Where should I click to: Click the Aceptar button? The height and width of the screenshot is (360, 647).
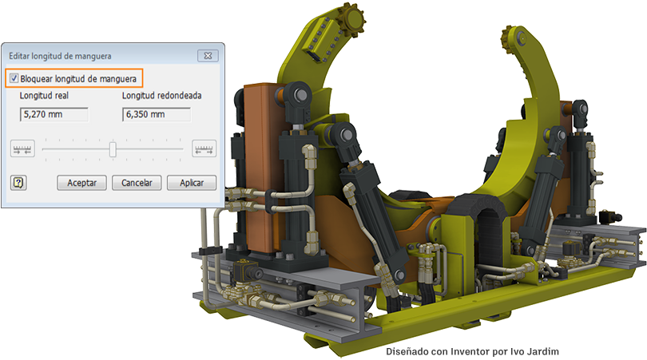81,183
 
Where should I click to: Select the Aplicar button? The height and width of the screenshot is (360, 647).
192,183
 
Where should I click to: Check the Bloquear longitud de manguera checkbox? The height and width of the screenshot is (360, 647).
14,78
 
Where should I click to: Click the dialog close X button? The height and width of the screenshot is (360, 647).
208,56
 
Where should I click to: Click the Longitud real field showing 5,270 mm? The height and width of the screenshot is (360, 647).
54,114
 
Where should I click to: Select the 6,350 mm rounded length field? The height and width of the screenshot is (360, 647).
157,114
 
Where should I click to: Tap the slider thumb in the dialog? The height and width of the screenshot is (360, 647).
113,148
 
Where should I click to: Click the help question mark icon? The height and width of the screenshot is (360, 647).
18,182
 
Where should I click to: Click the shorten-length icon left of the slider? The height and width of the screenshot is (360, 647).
22,148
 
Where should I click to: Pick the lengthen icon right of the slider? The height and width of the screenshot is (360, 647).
204,148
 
